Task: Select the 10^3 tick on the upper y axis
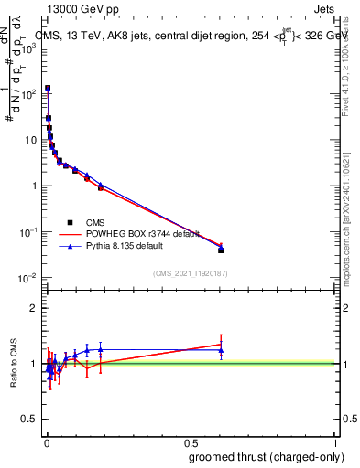(27, 48)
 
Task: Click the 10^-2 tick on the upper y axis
(27, 277)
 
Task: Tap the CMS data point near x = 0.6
(221, 250)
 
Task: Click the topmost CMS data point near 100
(48, 89)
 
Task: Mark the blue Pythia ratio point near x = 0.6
(221, 350)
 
